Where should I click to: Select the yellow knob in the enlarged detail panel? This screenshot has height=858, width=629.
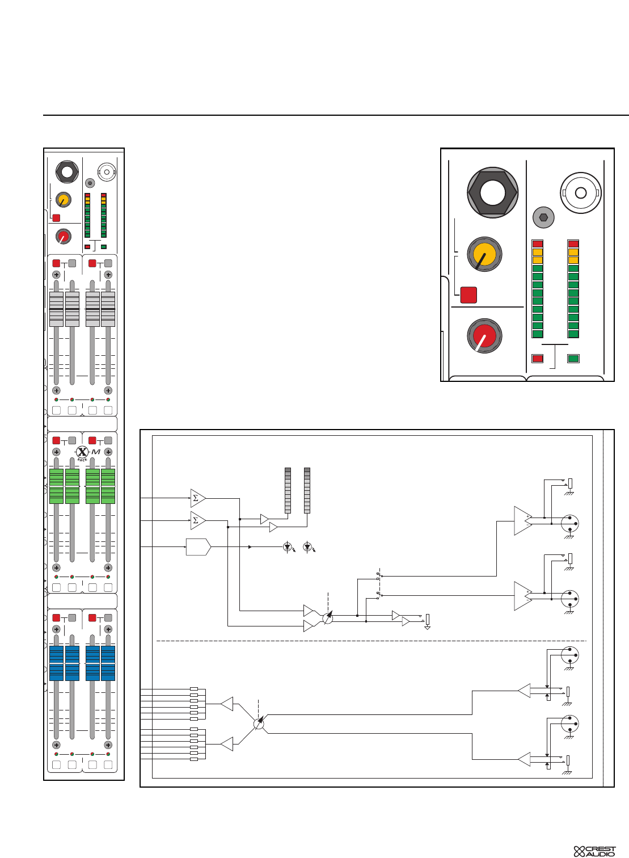point(484,254)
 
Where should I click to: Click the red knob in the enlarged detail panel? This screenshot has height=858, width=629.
point(484,335)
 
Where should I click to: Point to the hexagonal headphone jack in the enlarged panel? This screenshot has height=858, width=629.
point(492,192)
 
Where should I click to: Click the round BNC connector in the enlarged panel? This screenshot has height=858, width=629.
point(580,193)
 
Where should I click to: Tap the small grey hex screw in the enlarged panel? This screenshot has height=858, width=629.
point(543,217)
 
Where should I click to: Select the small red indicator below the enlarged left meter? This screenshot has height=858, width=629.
point(538,359)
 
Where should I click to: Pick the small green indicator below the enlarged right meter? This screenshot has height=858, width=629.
point(573,359)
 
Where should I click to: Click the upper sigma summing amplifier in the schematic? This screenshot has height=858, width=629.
point(197,498)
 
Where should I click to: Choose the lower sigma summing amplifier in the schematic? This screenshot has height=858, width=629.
point(197,520)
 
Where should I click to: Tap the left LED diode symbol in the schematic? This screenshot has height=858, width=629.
point(288,548)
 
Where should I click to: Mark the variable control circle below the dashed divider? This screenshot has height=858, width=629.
point(259,724)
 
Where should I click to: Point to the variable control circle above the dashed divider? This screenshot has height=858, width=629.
point(327,618)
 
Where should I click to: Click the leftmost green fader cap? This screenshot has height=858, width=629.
point(56,486)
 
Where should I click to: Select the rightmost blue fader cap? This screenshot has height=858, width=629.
point(108,663)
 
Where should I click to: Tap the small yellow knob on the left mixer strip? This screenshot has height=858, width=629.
point(63,200)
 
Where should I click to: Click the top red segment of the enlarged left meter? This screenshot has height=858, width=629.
point(538,243)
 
